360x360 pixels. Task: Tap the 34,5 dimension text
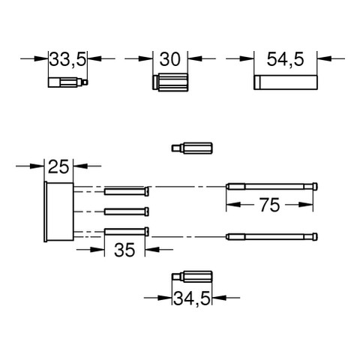192,299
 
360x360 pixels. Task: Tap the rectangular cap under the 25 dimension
58,211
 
